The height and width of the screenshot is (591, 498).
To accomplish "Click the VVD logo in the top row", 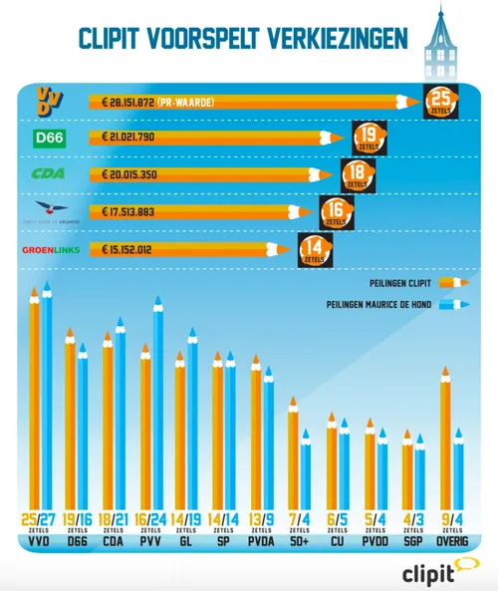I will click(49, 100).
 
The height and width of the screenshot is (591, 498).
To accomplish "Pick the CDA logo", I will click(50, 174).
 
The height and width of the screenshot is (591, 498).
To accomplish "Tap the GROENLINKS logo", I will click(51, 249).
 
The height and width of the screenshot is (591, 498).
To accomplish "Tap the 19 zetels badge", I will click(370, 138).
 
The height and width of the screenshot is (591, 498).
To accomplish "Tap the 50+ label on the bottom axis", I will click(300, 543).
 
